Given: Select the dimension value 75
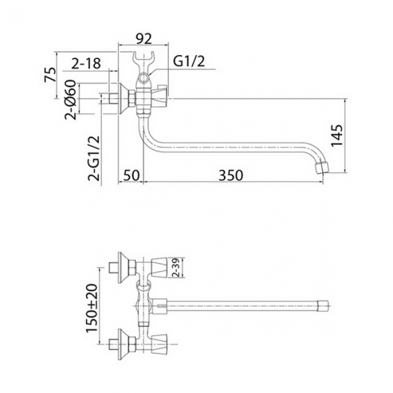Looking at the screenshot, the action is pos(49,75).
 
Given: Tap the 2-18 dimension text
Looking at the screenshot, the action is pos(86,63).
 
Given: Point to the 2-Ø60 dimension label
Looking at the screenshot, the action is pos(70,99).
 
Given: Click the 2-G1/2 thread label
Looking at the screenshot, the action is pos(94,158).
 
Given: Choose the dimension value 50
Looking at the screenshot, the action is pos(131,175).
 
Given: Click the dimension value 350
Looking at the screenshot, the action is pos(231,175).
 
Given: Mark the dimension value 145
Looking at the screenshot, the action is pos(337,135).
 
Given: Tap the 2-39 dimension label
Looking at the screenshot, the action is pos(176,267).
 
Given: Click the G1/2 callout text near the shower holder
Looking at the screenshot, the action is pos(189,62).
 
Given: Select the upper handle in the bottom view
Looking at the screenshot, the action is pos(159,267).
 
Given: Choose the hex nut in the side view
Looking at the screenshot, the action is pos(132,99).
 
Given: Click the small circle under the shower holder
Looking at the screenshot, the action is pos(144,78).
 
